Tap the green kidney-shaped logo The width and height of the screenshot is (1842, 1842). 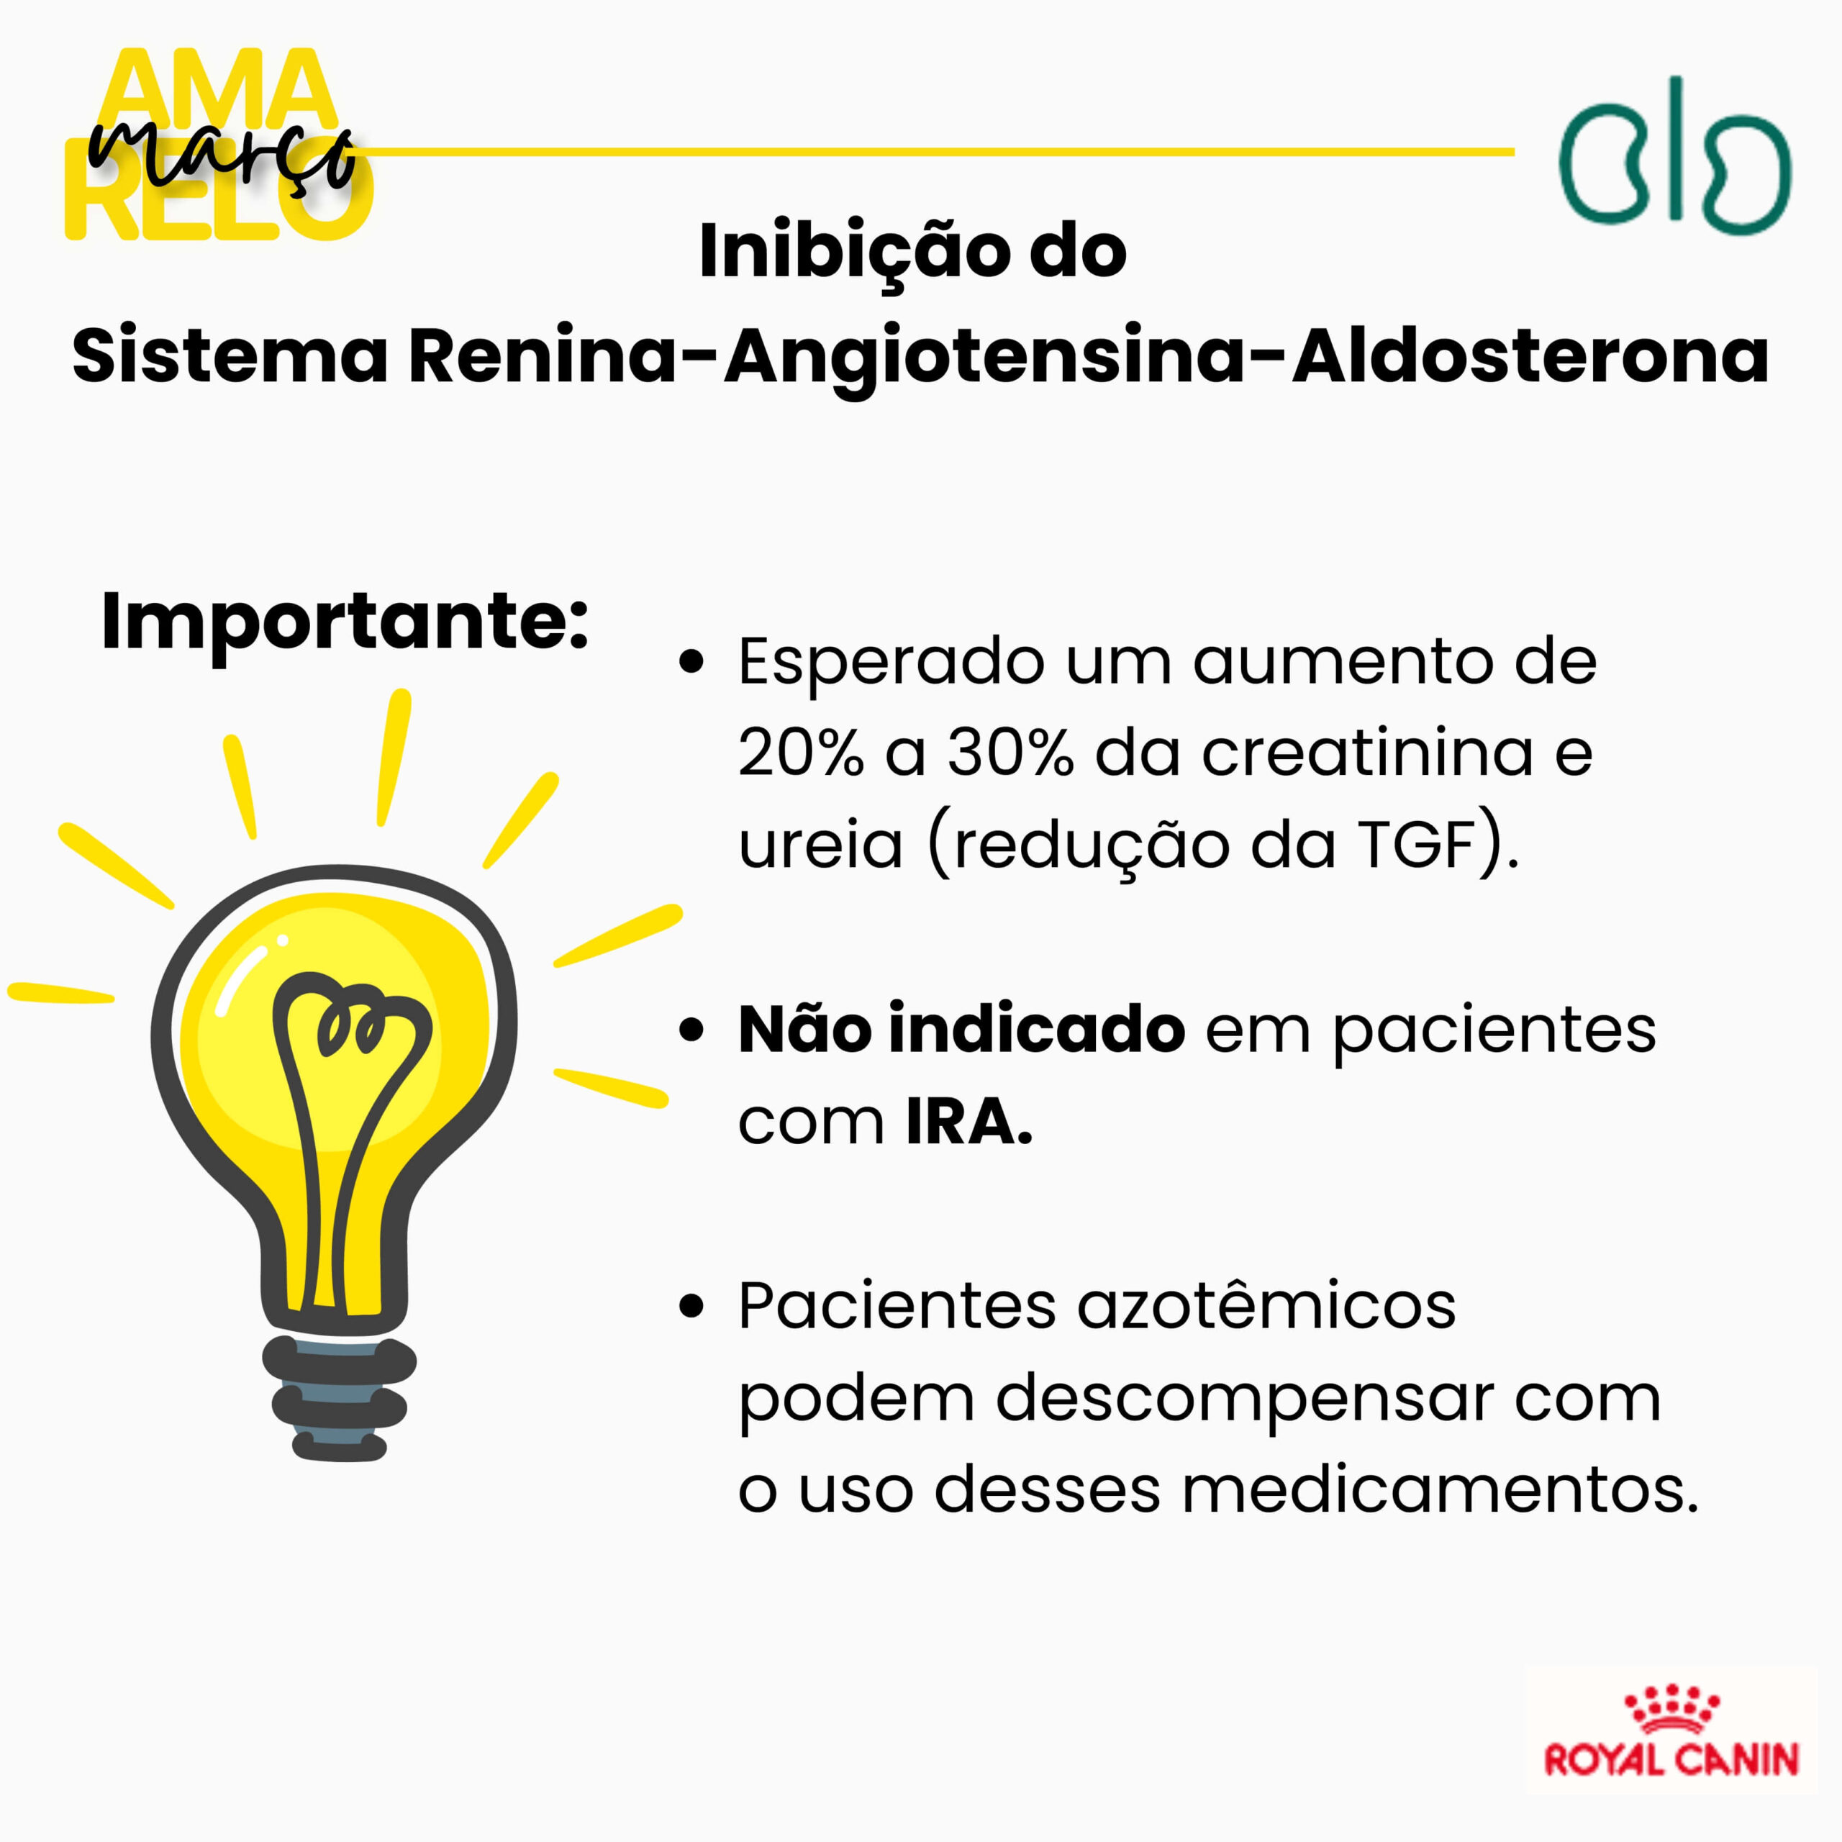point(1674,155)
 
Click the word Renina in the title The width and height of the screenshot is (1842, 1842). point(543,357)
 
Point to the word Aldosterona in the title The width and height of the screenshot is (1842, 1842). point(1531,357)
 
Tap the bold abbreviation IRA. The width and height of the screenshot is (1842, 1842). point(968,1121)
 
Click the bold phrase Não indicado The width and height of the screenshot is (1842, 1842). point(962,1030)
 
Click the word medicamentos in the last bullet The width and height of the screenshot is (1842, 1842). point(1440,1489)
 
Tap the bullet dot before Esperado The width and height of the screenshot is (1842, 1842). point(691,661)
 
